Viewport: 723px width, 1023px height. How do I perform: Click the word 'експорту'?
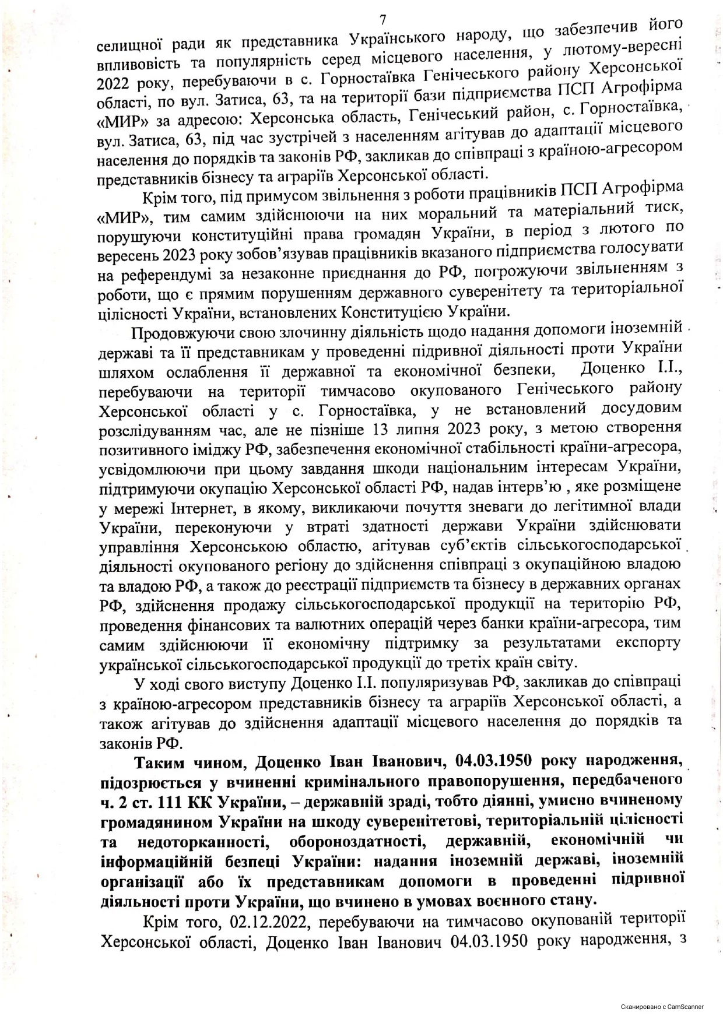point(648,642)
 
